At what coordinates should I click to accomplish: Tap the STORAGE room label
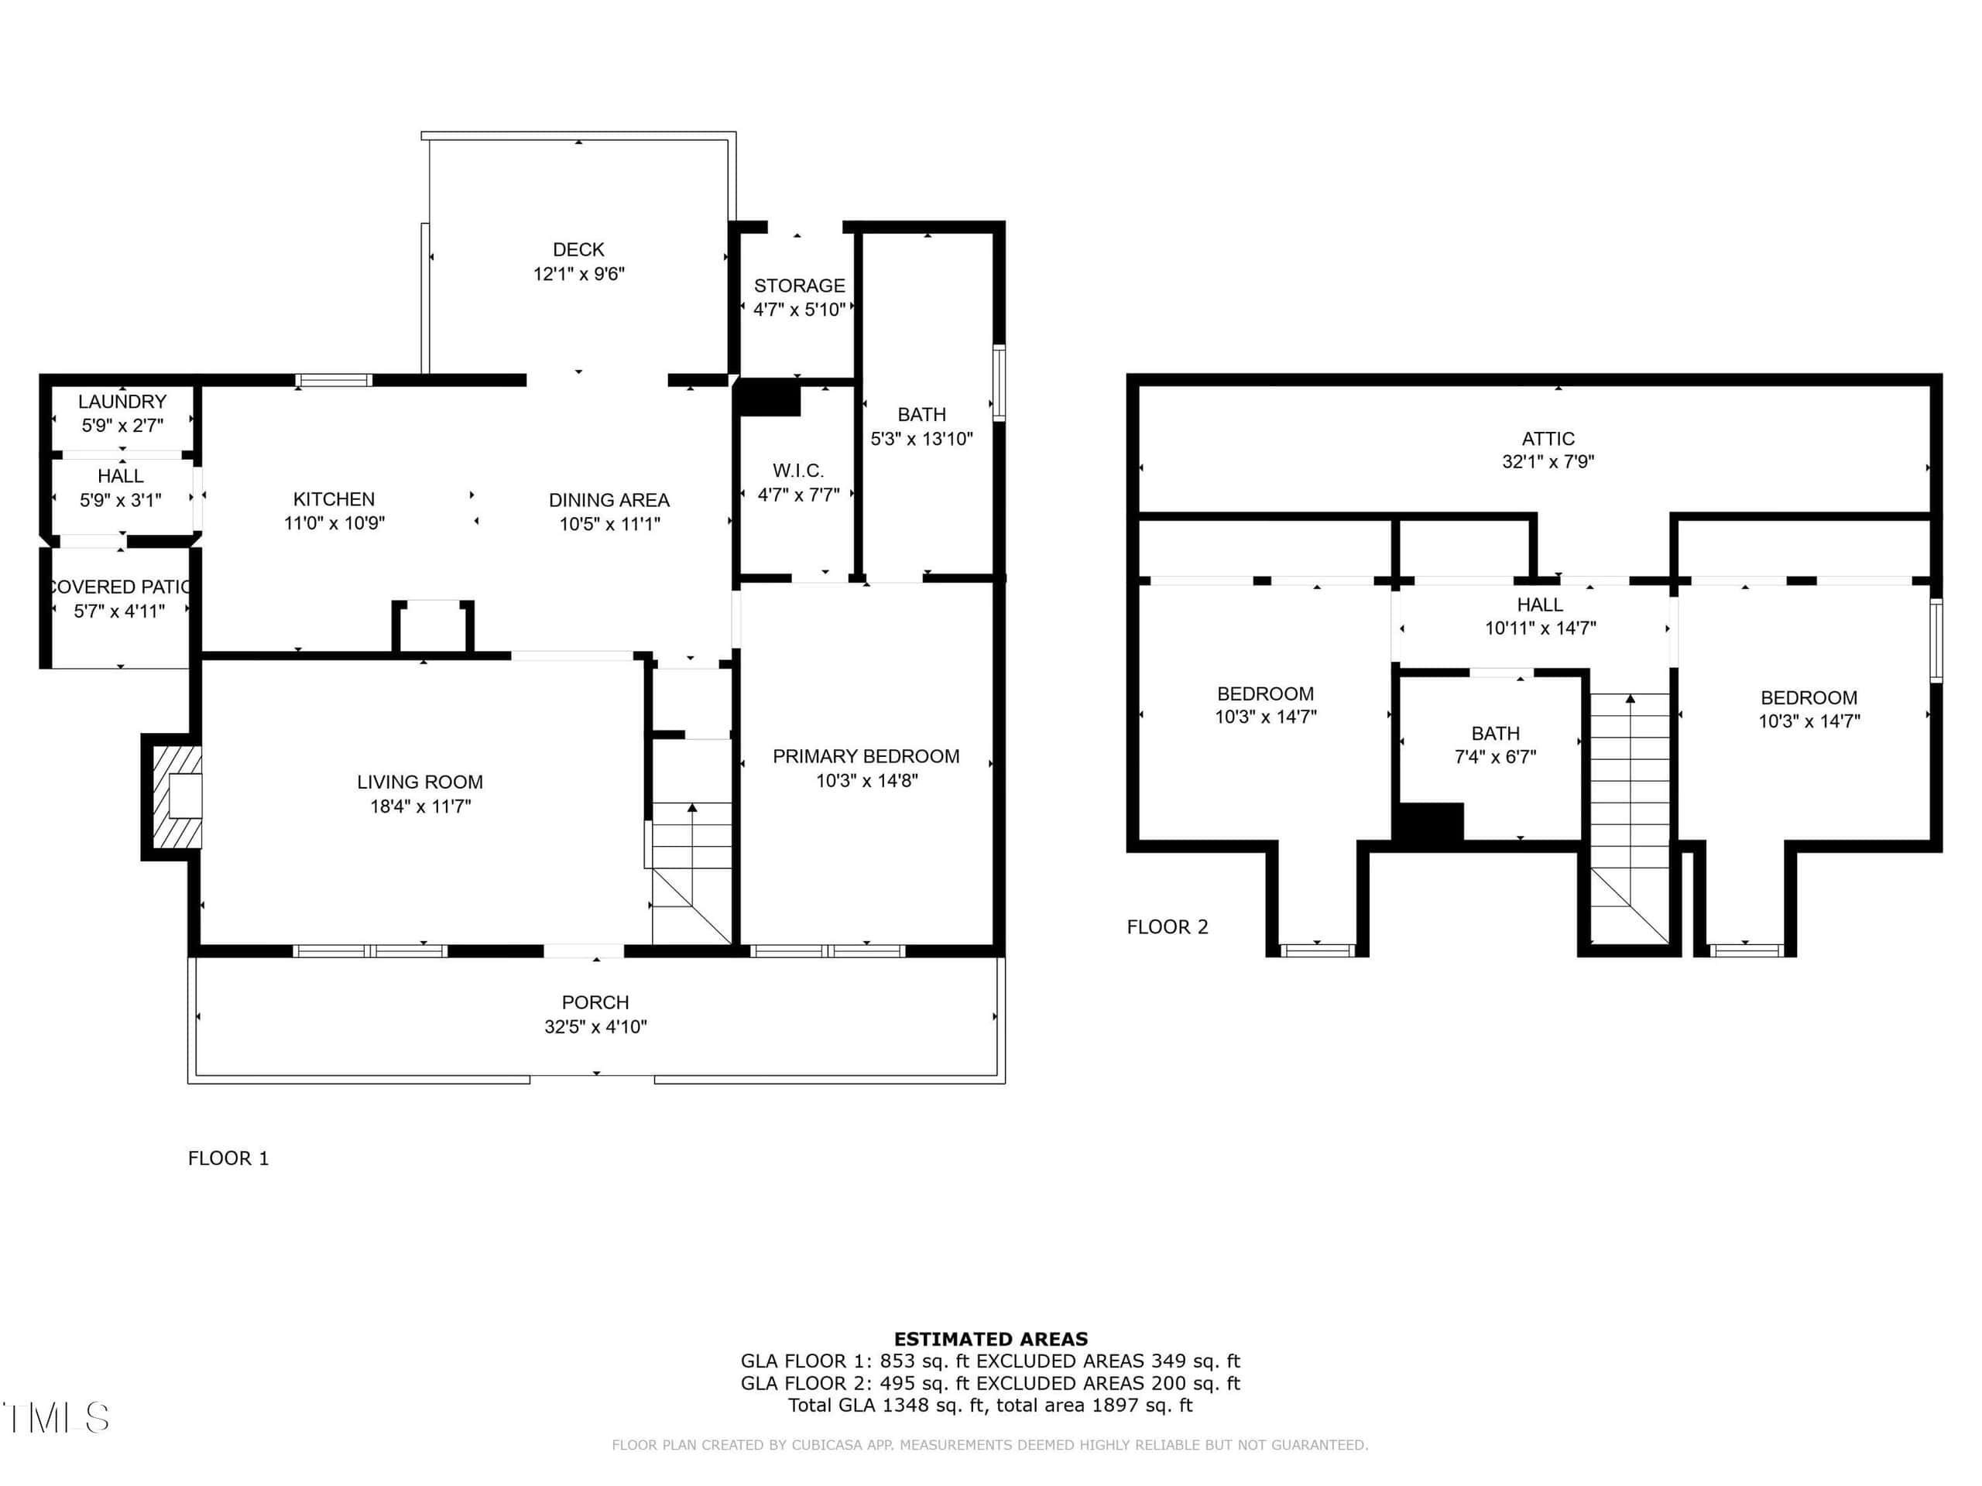point(799,286)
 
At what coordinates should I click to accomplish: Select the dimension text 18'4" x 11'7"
point(420,806)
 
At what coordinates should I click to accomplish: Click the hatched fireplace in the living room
point(177,796)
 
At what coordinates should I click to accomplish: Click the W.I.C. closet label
point(797,471)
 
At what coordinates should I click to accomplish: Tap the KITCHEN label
point(334,499)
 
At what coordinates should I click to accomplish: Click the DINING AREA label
point(609,500)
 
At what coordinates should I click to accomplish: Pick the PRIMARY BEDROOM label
point(866,756)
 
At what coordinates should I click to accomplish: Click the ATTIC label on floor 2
point(1548,439)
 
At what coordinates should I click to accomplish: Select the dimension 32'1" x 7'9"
point(1548,461)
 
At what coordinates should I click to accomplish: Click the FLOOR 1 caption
point(228,1158)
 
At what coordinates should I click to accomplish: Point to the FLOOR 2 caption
point(1167,927)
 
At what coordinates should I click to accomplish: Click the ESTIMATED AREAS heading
point(990,1339)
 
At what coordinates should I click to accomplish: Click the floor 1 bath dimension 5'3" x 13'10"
point(921,439)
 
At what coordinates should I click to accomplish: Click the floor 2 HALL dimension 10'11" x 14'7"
point(1540,628)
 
